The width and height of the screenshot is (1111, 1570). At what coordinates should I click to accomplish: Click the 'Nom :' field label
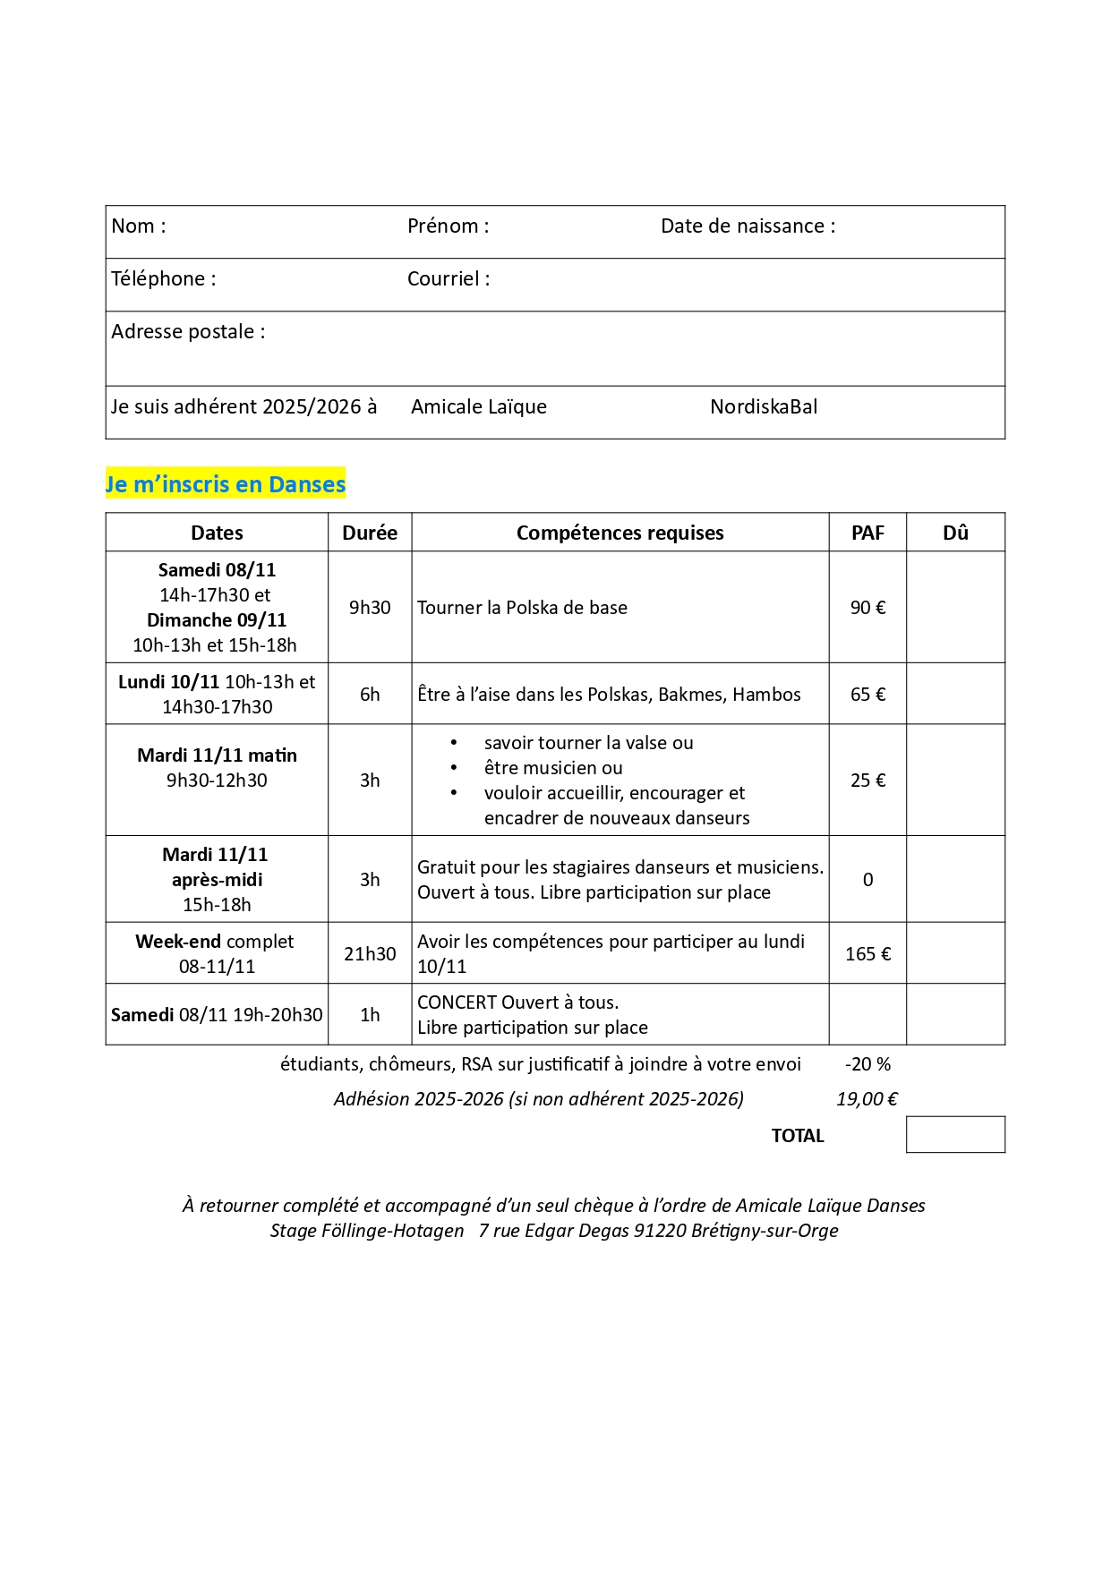pyautogui.click(x=138, y=226)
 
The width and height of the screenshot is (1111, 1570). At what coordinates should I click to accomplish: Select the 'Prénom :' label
pyautogui.click(x=448, y=226)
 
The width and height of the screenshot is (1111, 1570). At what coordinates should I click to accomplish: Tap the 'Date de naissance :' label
pyautogui.click(x=748, y=226)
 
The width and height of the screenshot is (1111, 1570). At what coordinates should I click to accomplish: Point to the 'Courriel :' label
pyautogui.click(x=448, y=279)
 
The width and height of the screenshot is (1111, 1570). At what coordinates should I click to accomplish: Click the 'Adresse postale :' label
pyautogui.click(x=188, y=332)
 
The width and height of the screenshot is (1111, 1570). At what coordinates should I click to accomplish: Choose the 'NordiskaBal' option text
pyautogui.click(x=764, y=407)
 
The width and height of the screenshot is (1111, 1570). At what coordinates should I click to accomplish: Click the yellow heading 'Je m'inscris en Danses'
pyautogui.click(x=226, y=484)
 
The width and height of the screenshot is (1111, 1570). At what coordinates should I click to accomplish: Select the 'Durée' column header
pyautogui.click(x=370, y=533)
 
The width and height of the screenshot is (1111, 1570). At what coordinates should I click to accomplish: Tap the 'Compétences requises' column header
pyautogui.click(x=620, y=533)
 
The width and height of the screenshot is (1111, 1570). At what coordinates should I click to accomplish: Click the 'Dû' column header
pyautogui.click(x=955, y=533)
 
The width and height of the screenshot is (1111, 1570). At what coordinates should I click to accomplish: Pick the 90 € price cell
pyautogui.click(x=867, y=608)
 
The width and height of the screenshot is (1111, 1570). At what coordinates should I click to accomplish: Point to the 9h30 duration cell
pyautogui.click(x=370, y=608)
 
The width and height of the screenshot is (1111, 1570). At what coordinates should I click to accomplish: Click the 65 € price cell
pyautogui.click(x=867, y=695)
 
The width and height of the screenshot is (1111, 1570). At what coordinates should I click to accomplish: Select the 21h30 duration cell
pyautogui.click(x=370, y=954)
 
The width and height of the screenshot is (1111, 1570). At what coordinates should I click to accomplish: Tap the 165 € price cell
pyautogui.click(x=867, y=954)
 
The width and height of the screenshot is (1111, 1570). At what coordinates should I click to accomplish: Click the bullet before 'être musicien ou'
pyautogui.click(x=455, y=768)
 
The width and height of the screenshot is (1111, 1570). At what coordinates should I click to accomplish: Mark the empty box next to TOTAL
pyautogui.click(x=955, y=1135)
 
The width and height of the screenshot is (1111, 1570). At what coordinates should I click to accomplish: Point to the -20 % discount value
pyautogui.click(x=867, y=1065)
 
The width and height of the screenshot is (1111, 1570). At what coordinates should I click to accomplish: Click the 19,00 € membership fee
pyautogui.click(x=867, y=1099)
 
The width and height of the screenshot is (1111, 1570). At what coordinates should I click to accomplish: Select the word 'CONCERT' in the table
pyautogui.click(x=456, y=1003)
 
